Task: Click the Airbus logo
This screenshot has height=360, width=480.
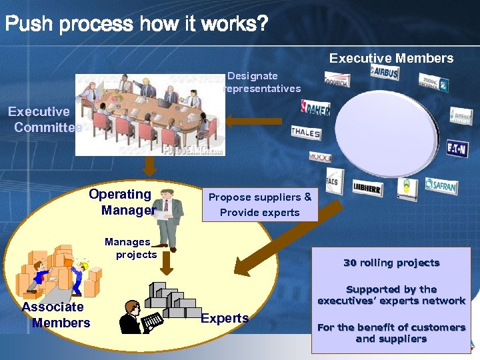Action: [x=384, y=73]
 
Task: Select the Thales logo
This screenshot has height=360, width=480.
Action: [x=305, y=133]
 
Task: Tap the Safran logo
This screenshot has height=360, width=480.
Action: [x=441, y=185]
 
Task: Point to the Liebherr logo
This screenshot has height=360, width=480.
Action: [x=368, y=188]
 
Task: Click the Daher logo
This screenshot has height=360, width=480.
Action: [x=315, y=108]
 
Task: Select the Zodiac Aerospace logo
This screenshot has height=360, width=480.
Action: [x=433, y=82]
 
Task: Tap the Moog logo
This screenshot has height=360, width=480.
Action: [x=319, y=157]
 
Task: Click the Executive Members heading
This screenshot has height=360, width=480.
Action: [x=391, y=58]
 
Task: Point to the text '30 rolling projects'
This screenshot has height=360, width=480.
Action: [x=391, y=263]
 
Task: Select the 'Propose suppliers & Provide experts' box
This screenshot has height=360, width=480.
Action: [x=259, y=205]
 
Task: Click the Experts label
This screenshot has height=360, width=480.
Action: [x=225, y=318]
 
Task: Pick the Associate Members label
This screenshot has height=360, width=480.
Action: [x=56, y=315]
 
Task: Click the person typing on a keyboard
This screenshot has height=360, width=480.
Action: [x=139, y=316]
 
